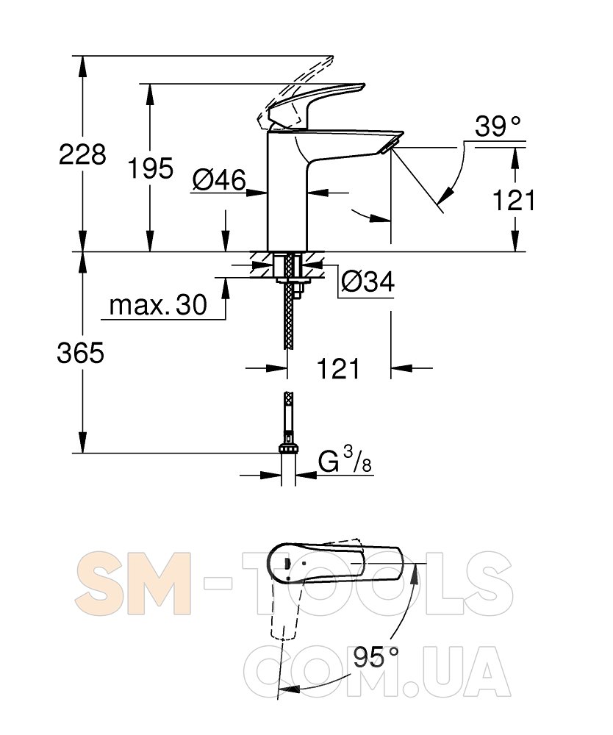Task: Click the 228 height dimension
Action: [82, 154]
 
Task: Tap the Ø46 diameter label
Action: [219, 179]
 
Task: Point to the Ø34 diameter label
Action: [368, 282]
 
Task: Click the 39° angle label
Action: [498, 126]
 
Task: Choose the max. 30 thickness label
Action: [158, 305]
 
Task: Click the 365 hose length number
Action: [81, 353]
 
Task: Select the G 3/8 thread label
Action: [345, 462]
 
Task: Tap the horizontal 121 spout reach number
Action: [338, 368]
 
